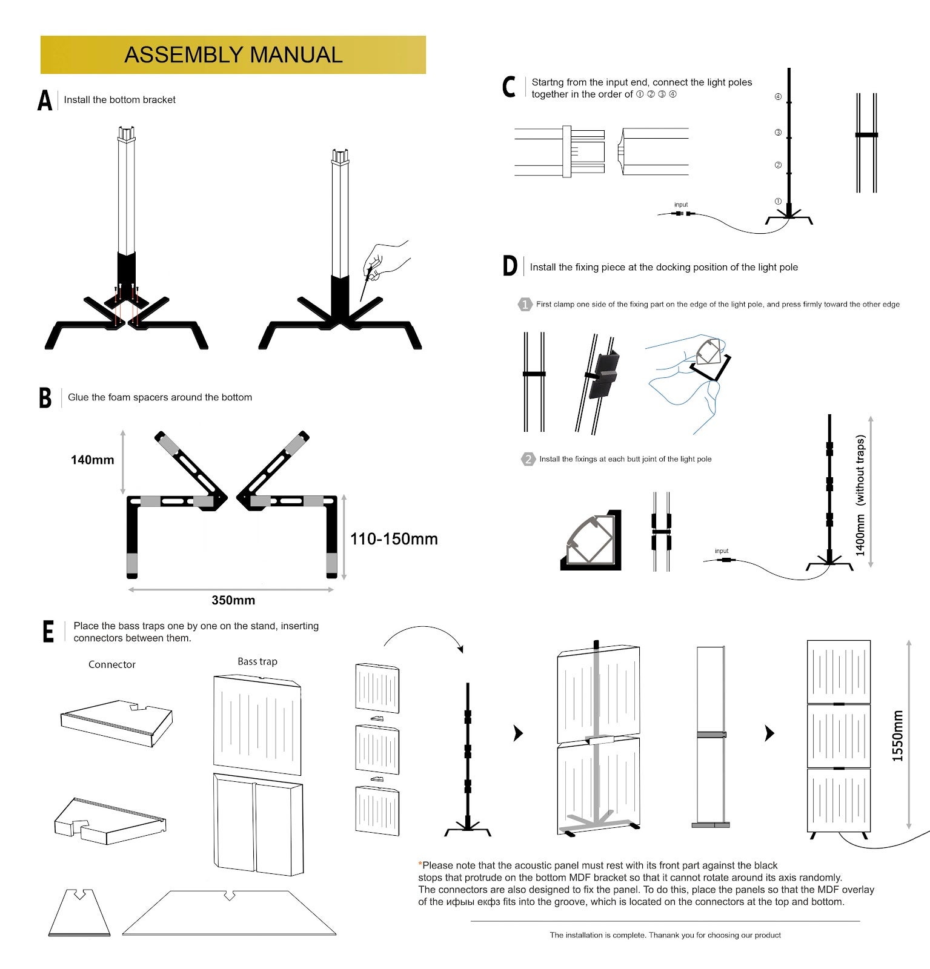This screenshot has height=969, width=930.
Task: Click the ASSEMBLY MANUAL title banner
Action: [233, 55]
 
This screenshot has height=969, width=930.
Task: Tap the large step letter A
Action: [45, 101]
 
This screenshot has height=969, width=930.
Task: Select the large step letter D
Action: [510, 266]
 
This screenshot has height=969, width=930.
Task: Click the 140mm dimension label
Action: [92, 460]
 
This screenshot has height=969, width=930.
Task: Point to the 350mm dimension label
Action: [233, 600]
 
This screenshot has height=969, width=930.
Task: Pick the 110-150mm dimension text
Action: [394, 538]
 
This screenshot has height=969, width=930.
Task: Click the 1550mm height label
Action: [897, 736]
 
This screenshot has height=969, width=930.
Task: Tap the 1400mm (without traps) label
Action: [860, 495]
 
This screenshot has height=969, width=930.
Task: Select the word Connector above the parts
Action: [112, 664]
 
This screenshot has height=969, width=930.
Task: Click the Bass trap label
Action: [257, 661]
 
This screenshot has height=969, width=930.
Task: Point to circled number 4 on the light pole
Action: [778, 97]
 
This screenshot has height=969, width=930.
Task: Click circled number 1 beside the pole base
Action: [778, 201]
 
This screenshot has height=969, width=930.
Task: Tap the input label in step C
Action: [681, 205]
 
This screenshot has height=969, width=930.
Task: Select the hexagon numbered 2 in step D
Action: [528, 459]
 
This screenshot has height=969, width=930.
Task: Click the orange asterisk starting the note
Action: [420, 864]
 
